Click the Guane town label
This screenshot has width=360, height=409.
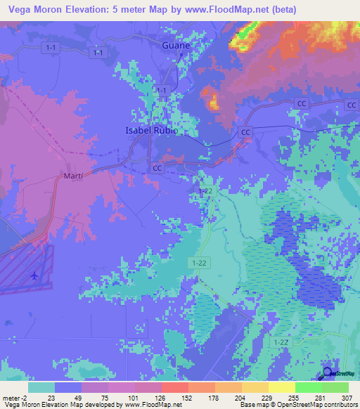[176, 45]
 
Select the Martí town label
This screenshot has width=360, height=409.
[73, 175]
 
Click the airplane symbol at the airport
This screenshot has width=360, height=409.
[33, 275]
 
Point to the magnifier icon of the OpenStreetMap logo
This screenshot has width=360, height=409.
[328, 373]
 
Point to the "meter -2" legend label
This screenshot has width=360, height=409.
[15, 397]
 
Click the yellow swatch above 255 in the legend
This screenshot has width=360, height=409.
[281, 387]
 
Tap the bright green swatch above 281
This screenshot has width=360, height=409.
[308, 387]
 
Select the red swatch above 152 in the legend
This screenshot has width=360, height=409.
[174, 387]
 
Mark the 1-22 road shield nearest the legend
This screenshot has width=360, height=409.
[281, 342]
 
